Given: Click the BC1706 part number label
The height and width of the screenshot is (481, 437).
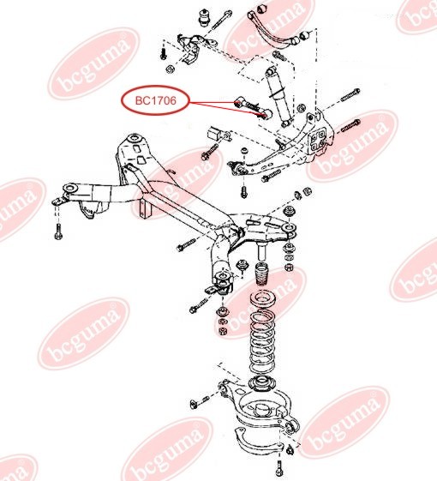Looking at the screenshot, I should (x=153, y=101).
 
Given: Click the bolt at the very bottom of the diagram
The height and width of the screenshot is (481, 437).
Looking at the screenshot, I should (x=281, y=468).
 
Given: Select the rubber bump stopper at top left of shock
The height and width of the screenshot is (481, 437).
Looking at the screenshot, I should (x=207, y=17).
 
